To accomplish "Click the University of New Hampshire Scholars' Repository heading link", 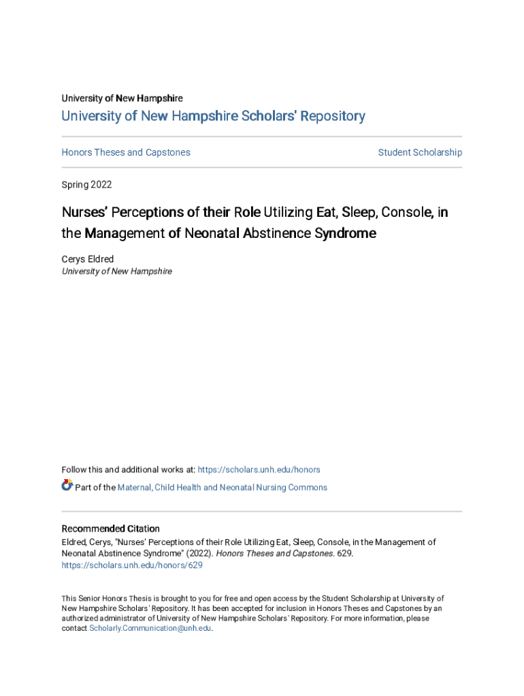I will [x=213, y=116].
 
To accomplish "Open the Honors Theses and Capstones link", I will [x=126, y=152].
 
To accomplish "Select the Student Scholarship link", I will [x=420, y=152].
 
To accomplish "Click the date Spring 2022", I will [x=86, y=185].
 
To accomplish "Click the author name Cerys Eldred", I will [x=88, y=259].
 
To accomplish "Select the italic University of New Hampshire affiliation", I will [x=116, y=271].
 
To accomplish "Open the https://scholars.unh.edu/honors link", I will [x=259, y=470].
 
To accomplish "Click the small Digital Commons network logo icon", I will [x=67, y=486].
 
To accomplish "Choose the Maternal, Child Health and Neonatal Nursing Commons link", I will [x=222, y=487].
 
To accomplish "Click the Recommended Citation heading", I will [x=110, y=529].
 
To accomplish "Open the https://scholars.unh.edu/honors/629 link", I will [x=132, y=565].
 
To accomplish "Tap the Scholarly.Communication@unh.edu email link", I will [x=150, y=629].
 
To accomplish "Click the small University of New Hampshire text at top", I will [x=122, y=99].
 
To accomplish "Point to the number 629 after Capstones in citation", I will [x=344, y=554].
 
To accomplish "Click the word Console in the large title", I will [x=407, y=213].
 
